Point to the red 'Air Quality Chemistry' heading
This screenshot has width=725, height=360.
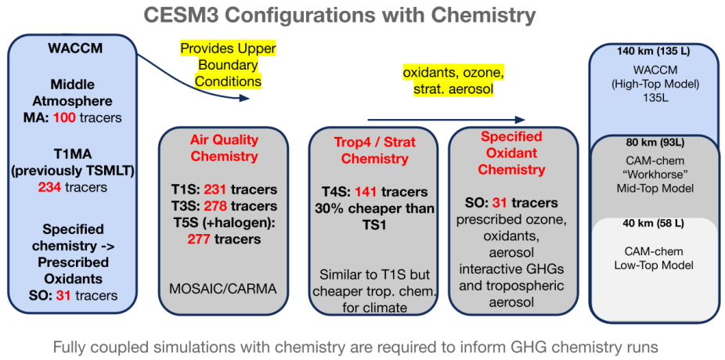click(224, 148)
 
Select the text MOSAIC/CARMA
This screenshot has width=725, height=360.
click(224, 288)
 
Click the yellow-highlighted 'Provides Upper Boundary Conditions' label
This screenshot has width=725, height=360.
click(228, 65)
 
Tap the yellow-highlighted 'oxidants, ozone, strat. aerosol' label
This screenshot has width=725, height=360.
click(453, 81)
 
